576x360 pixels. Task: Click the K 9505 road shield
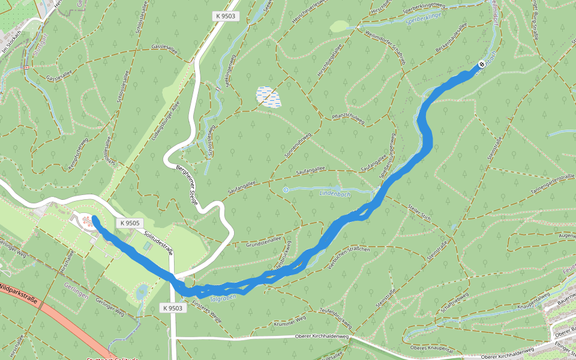130,223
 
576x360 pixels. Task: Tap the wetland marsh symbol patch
268,97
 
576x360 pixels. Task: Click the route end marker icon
481,65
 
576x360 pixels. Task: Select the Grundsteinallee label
264,241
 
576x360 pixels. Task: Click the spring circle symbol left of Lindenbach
285,190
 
